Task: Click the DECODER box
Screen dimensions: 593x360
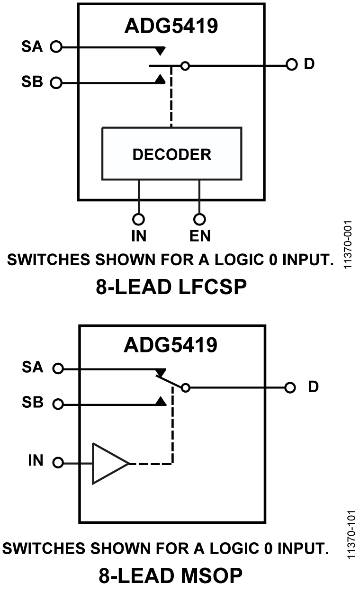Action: pos(171,154)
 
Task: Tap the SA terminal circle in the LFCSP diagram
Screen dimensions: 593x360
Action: pos(56,47)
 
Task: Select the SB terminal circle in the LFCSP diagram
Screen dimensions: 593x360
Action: pos(56,83)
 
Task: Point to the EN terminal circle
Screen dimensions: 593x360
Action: pos(200,219)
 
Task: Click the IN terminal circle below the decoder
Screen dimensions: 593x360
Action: pos(138,219)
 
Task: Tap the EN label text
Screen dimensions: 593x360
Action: pos(200,235)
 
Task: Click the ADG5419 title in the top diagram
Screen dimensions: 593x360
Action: pos(171,26)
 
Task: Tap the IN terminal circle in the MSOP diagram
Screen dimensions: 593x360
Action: pos(58,463)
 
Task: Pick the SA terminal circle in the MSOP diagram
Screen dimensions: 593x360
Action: pos(58,368)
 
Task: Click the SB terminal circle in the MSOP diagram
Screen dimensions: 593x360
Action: pos(58,404)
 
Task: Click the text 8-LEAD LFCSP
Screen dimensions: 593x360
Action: pos(171,288)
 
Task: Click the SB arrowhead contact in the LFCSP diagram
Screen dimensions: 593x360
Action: pos(161,80)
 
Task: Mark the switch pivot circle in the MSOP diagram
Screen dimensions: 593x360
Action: pos(186,388)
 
